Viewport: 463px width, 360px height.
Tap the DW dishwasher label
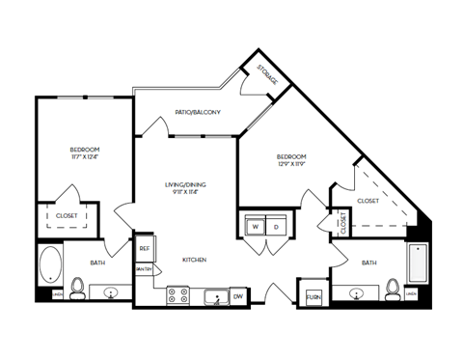(x=238, y=296)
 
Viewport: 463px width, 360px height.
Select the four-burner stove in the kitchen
(x=178, y=295)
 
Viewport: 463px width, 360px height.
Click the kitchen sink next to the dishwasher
(x=215, y=296)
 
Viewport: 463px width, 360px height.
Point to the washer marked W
(x=256, y=227)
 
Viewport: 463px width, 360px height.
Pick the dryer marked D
(x=276, y=227)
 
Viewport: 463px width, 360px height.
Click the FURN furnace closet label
(x=313, y=296)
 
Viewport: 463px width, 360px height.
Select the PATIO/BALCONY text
(x=198, y=112)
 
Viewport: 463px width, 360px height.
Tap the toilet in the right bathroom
(x=391, y=288)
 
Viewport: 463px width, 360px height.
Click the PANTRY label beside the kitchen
(x=144, y=268)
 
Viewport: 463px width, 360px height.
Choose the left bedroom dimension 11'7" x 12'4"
(x=85, y=158)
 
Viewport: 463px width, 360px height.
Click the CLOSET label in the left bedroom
(x=67, y=215)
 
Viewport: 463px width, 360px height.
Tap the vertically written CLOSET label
(x=342, y=222)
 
